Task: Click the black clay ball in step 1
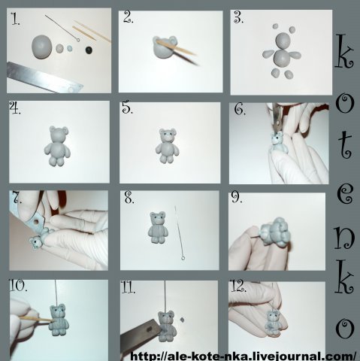(89, 50)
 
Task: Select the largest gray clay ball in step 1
(42, 47)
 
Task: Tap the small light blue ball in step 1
(70, 48)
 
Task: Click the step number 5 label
(127, 108)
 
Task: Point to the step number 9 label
(237, 198)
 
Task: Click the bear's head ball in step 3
(283, 40)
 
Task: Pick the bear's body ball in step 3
(282, 57)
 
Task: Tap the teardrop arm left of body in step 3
(268, 53)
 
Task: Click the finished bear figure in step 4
(57, 146)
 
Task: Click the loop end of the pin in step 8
(183, 257)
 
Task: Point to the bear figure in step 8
(157, 228)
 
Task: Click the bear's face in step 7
(35, 243)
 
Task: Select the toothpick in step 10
(36, 319)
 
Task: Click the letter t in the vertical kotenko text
(346, 146)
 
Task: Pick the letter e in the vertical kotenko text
(345, 195)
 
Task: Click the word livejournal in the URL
(286, 356)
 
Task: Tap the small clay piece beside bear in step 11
(183, 320)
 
